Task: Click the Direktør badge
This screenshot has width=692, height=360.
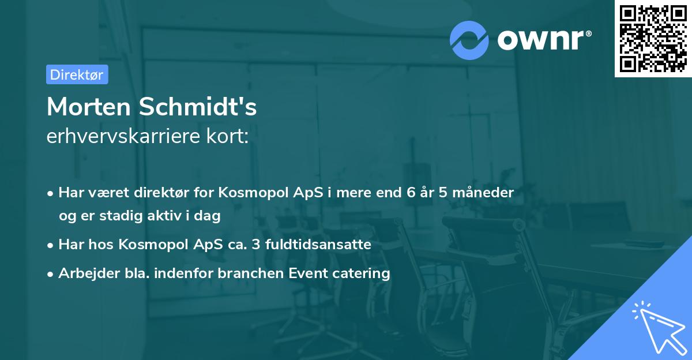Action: click(77, 74)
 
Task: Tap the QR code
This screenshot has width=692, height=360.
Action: click(653, 38)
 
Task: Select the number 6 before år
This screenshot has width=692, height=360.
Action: click(411, 192)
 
